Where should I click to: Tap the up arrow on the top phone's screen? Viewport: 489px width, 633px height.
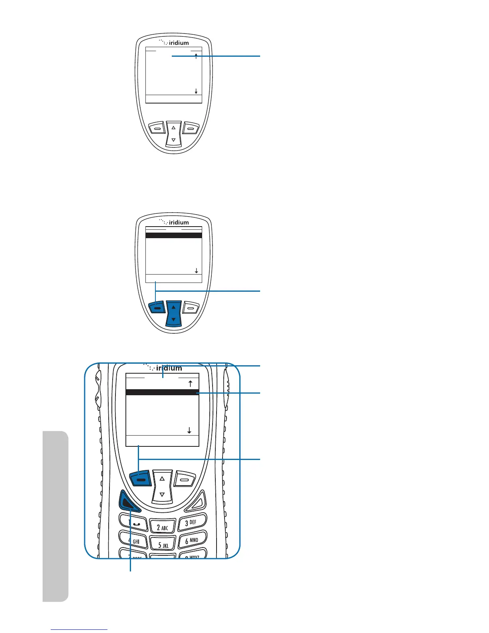196,56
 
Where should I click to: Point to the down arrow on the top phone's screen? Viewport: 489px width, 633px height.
196,91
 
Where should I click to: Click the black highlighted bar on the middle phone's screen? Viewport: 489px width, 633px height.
173,235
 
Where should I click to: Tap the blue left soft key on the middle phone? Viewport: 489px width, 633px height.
157,308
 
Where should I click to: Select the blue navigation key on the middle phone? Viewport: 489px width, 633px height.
173,314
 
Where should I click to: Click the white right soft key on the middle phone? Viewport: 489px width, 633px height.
191,308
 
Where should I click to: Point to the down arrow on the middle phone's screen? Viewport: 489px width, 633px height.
196,271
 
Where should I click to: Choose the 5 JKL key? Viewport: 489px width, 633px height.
163,544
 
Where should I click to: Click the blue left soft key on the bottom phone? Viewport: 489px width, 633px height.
141,478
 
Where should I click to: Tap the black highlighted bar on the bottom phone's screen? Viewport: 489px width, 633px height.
162,392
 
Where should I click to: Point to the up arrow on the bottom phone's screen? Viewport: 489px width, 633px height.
191,384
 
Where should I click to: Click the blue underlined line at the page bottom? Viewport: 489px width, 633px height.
79,629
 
